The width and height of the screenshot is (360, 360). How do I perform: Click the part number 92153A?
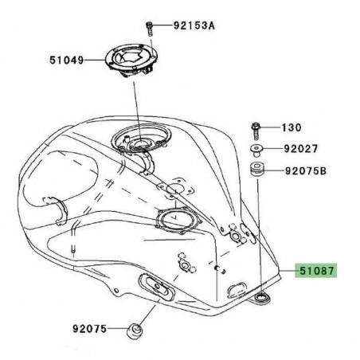click(194, 25)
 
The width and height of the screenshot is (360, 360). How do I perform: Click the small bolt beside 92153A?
click(150, 27)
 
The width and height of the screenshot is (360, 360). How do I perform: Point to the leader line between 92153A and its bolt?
click(163, 26)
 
